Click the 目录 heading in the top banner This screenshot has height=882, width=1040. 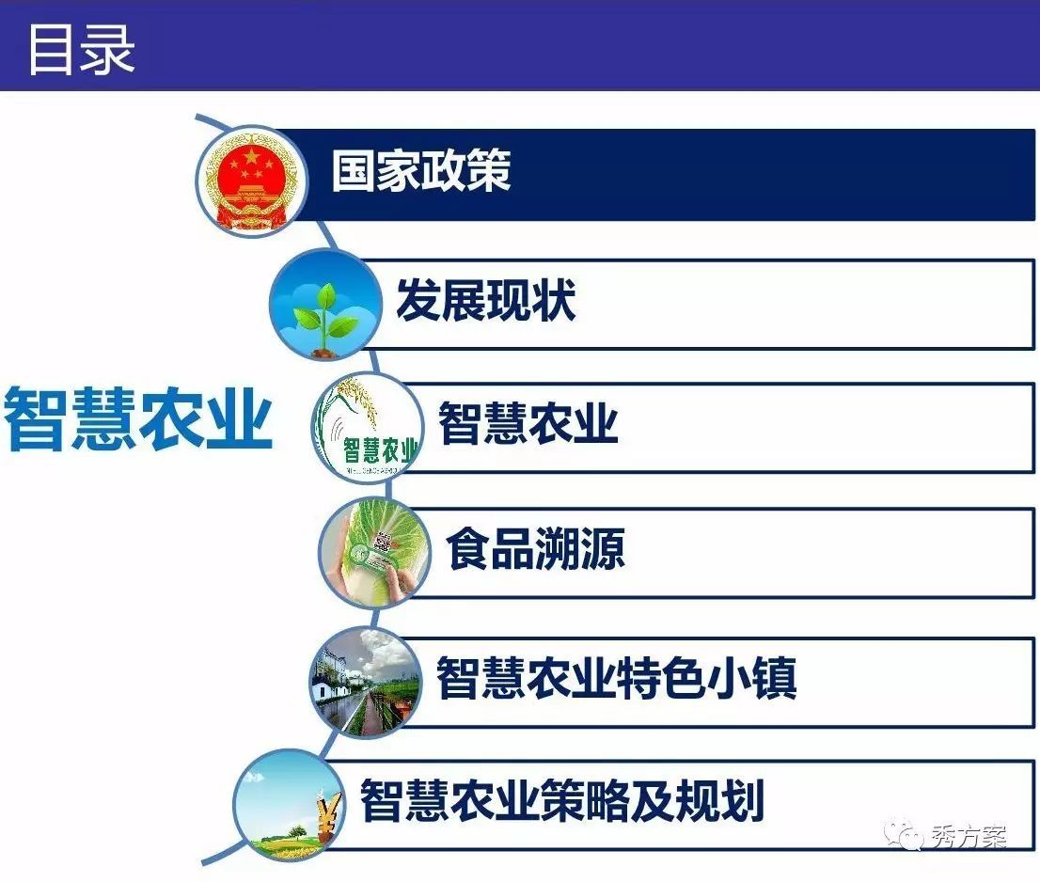point(81,49)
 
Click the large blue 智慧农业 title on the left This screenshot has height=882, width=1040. point(138,419)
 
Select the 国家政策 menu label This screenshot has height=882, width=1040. point(421,170)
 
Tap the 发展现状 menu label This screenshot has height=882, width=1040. point(485,300)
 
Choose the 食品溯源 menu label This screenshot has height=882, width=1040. point(536,548)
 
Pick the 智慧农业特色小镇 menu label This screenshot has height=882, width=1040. point(616,677)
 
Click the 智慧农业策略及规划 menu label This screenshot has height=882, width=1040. point(561,800)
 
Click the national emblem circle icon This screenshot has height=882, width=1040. point(251,181)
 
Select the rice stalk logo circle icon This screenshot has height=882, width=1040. point(367,426)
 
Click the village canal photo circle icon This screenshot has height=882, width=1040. point(366,681)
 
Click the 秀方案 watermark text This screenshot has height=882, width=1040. point(969,836)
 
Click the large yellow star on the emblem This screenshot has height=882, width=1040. point(251,156)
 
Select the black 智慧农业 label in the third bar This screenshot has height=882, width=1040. point(528,422)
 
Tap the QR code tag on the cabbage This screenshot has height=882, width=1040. point(383,543)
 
